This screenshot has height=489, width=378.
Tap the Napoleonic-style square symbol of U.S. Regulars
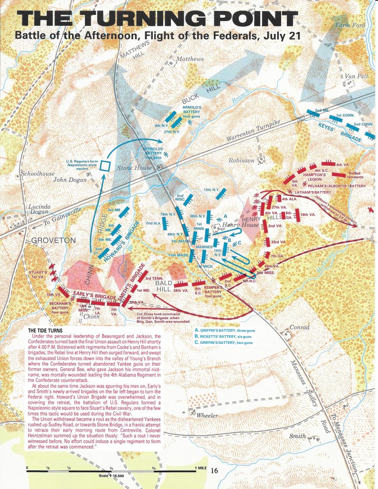coord(106,166)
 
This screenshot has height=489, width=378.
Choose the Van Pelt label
coord(354,76)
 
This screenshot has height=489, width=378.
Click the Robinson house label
coord(241,161)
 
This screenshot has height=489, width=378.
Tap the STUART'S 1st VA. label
coord(31,277)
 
